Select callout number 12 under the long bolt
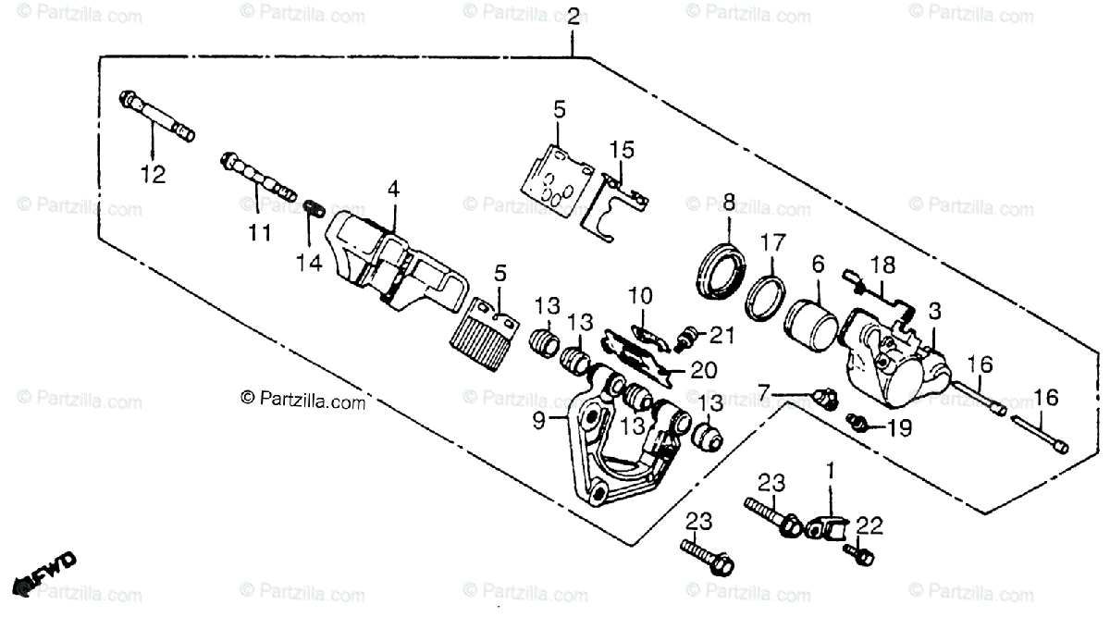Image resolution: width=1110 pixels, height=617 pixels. (x=154, y=174)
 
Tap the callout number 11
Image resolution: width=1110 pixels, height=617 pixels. (x=261, y=232)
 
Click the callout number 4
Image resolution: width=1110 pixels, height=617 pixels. (x=393, y=190)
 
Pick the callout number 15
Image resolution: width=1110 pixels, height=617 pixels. (x=622, y=149)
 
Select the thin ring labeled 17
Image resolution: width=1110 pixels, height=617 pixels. (x=766, y=297)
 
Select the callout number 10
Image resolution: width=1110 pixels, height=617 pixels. (x=640, y=297)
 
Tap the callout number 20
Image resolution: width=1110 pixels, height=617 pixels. (x=704, y=371)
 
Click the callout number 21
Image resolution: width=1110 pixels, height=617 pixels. (x=721, y=333)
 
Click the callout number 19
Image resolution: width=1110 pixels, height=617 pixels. (x=898, y=428)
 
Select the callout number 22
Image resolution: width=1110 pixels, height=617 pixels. (x=870, y=525)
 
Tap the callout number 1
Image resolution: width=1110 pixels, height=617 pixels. (x=830, y=470)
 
